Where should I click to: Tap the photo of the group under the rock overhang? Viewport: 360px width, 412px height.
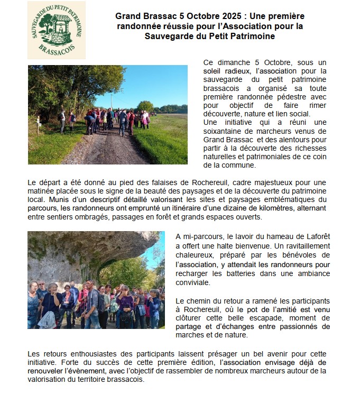[x=96, y=280]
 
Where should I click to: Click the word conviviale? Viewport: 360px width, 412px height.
[x=193, y=282]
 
